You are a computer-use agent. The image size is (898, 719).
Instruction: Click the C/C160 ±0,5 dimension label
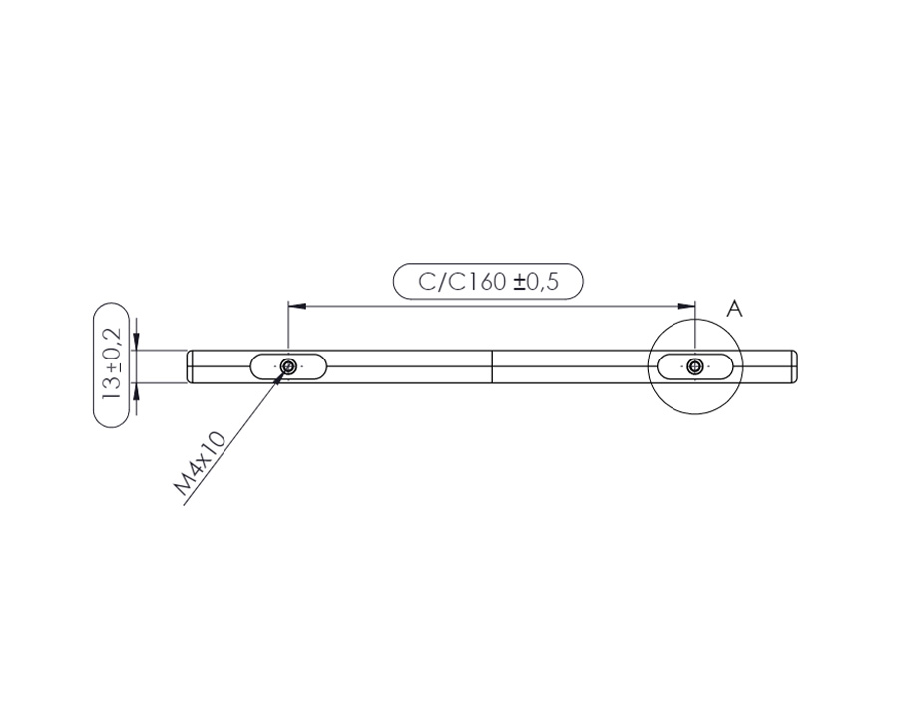(488, 281)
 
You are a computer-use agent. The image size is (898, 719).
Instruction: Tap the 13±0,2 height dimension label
(112, 364)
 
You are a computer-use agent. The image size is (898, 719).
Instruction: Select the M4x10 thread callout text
(201, 463)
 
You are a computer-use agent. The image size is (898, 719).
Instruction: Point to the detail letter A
(734, 309)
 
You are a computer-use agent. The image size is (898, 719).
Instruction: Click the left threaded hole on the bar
(288, 365)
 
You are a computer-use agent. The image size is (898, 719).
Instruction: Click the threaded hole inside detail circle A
(695, 365)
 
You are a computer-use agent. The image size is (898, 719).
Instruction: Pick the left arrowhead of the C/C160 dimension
(296, 307)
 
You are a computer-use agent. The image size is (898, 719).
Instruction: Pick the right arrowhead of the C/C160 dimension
(686, 307)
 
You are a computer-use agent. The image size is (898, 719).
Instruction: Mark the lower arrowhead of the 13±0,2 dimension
(137, 391)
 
